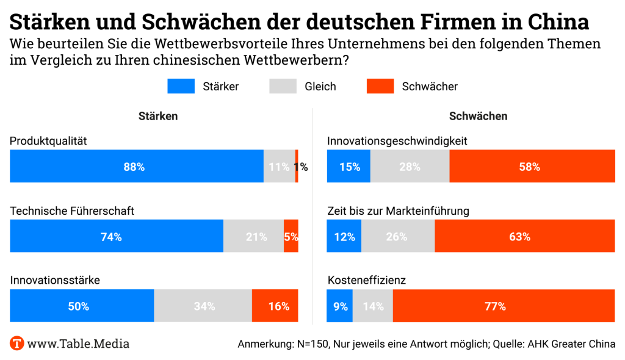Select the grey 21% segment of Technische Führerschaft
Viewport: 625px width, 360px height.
click(x=253, y=236)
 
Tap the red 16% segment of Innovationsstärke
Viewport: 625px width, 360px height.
click(x=275, y=306)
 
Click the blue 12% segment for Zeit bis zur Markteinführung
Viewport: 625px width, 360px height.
click(x=344, y=236)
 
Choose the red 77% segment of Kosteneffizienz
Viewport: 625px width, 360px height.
click(x=504, y=306)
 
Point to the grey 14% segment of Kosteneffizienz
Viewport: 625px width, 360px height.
click(x=373, y=306)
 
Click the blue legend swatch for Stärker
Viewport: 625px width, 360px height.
click(x=181, y=86)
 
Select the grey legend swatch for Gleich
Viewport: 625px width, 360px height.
click(x=283, y=86)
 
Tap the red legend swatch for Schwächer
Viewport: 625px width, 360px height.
click(x=380, y=86)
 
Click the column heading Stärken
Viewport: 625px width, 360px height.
click(x=158, y=116)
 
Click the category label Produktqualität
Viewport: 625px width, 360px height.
click(x=49, y=141)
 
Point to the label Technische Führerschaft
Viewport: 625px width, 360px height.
click(x=72, y=211)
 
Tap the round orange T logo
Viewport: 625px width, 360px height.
click(x=17, y=343)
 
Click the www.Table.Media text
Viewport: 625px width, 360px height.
click(x=78, y=344)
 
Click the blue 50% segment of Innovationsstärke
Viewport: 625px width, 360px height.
click(x=82, y=306)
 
